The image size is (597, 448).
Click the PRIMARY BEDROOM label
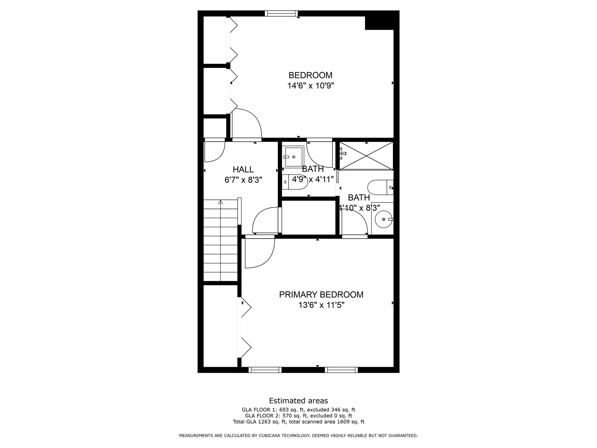(321, 295)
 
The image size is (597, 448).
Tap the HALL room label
(243, 169)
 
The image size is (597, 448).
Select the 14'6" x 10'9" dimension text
(310, 86)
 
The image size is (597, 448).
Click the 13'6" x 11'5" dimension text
(321, 305)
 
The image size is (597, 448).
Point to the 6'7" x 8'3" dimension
(243, 180)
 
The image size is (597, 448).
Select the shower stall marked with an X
(366, 156)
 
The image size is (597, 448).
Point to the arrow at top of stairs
(221, 202)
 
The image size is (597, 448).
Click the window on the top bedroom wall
(281, 13)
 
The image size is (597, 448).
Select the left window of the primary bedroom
(265, 370)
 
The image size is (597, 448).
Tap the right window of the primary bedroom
(341, 370)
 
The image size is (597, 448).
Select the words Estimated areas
(298, 400)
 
